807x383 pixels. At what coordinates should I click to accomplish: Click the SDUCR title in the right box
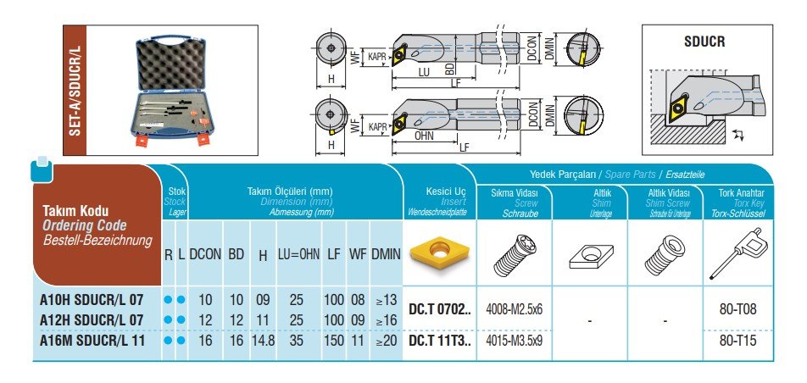(x=704, y=42)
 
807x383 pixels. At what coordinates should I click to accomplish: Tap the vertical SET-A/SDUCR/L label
(x=75, y=91)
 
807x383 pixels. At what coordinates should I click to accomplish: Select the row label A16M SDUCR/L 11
(x=92, y=341)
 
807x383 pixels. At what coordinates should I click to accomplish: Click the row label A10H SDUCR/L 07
(x=92, y=300)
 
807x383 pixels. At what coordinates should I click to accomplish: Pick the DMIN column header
(x=386, y=254)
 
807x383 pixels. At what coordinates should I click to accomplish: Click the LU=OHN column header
(x=299, y=254)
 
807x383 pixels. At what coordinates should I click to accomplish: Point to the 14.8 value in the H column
(x=263, y=341)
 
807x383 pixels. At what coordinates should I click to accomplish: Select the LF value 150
(x=334, y=341)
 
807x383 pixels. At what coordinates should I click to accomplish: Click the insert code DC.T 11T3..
(x=440, y=341)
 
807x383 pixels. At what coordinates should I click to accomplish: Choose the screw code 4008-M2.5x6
(x=515, y=309)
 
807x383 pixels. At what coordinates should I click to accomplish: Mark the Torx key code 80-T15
(x=738, y=341)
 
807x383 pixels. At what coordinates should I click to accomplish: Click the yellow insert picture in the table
(x=439, y=253)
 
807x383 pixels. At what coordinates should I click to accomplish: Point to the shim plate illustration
(x=591, y=255)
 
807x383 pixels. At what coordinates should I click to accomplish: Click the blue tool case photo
(x=171, y=91)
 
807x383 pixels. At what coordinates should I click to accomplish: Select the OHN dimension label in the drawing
(x=424, y=136)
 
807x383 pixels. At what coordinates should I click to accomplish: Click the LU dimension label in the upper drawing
(x=424, y=73)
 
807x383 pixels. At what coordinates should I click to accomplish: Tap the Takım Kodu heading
(x=75, y=211)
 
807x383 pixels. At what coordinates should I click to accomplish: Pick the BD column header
(x=237, y=254)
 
